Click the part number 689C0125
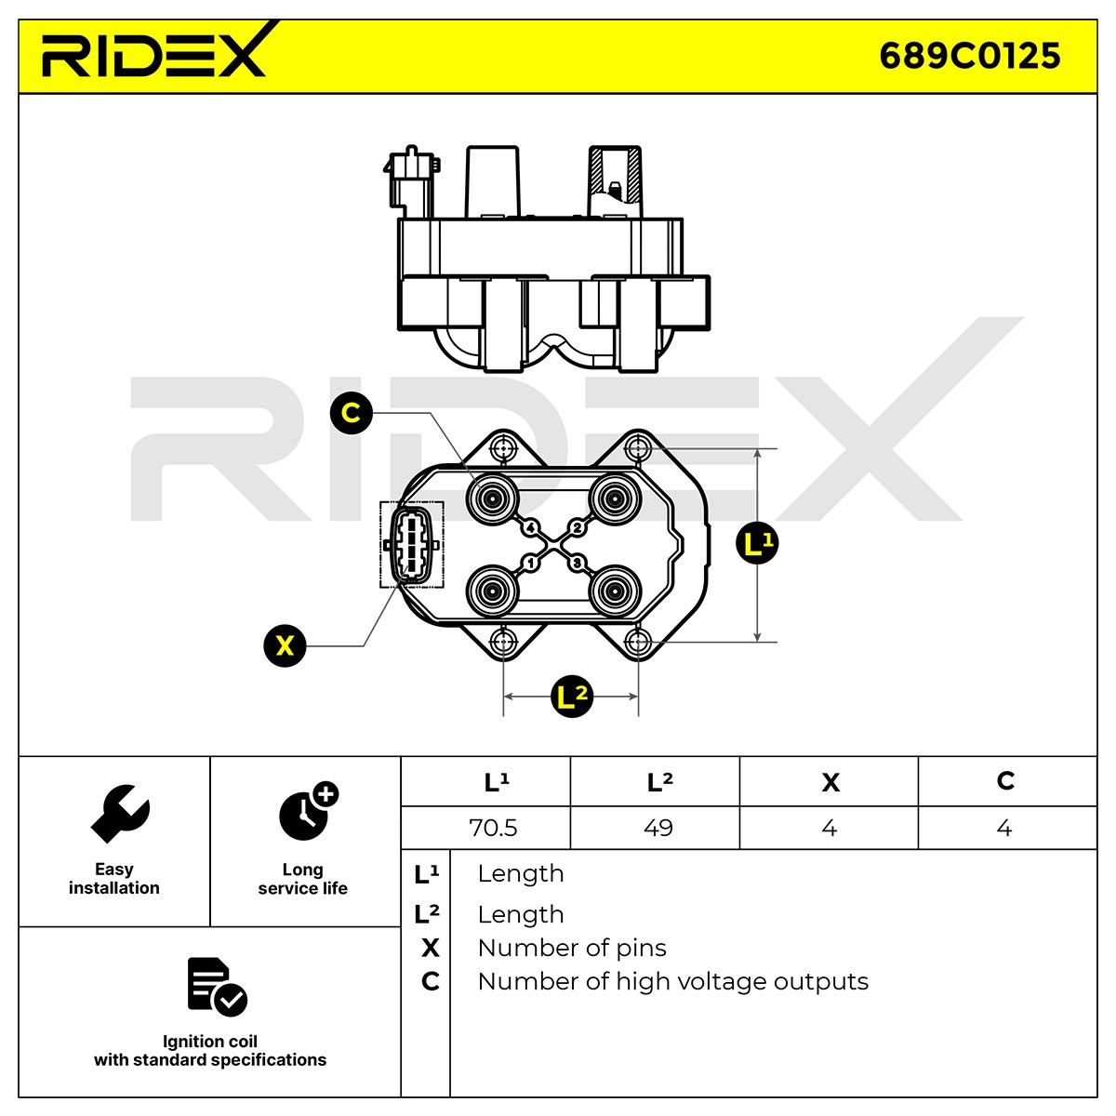(x=969, y=56)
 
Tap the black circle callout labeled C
(x=351, y=412)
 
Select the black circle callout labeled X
(x=285, y=645)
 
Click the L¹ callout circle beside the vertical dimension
(x=757, y=543)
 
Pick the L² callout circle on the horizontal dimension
(x=571, y=697)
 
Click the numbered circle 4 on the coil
(x=530, y=527)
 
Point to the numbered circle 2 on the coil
(x=577, y=527)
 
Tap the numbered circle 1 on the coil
(x=530, y=563)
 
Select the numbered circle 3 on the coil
(x=577, y=563)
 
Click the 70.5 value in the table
(x=493, y=828)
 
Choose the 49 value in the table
(x=658, y=828)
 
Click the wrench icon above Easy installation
(x=120, y=814)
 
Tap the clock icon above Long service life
(x=308, y=811)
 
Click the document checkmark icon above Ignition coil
(x=217, y=987)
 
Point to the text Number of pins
(x=572, y=948)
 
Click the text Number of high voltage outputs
(x=673, y=982)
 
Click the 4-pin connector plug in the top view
(x=411, y=544)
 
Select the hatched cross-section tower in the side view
(x=615, y=181)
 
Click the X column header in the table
(x=830, y=782)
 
